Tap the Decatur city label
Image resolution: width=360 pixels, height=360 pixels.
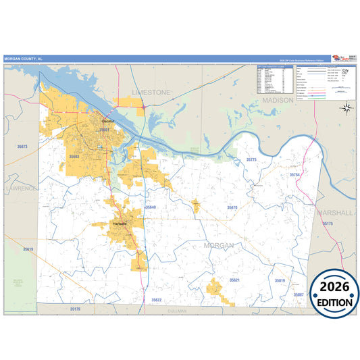coord(101,122)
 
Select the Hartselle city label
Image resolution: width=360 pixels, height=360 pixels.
coord(120,224)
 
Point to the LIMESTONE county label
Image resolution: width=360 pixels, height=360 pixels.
coord(152,92)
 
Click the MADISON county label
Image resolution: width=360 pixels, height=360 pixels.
coord(278,100)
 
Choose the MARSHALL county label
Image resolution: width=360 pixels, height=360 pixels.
coord(336,212)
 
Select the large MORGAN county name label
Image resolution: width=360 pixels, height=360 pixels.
coord(219,246)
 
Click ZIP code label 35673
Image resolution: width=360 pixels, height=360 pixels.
coord(23,147)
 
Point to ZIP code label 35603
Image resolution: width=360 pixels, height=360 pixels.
coord(74,157)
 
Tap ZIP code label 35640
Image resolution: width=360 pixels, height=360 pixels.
coord(150,207)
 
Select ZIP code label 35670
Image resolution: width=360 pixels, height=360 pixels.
coord(232,207)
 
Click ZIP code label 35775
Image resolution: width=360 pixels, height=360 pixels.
coord(251,159)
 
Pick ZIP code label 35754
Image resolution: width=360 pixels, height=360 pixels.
coord(294,174)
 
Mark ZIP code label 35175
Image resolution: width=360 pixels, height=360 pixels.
coord(328,223)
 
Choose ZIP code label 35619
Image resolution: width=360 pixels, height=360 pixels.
coord(28,249)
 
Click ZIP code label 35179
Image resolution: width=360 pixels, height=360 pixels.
coord(75,309)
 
